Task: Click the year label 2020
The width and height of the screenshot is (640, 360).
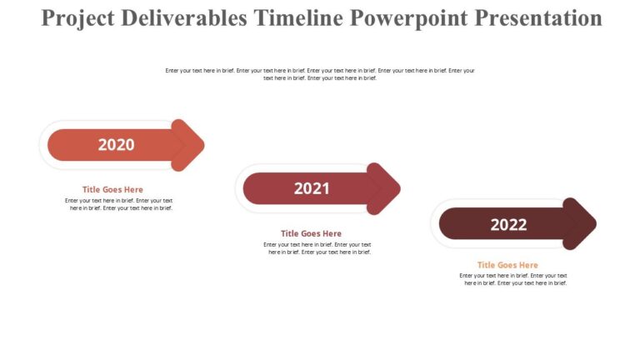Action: pyautogui.click(x=116, y=145)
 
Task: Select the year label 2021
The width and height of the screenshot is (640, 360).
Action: pyautogui.click(x=312, y=189)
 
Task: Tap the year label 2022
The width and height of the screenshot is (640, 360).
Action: pyautogui.click(x=508, y=224)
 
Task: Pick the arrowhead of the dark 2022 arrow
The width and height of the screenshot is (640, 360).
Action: pyautogui.click(x=586, y=223)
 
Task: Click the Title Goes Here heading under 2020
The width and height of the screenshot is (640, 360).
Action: pyautogui.click(x=112, y=189)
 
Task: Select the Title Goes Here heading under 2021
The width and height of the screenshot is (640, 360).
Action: pyautogui.click(x=311, y=233)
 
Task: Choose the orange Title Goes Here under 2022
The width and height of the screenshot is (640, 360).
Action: pyautogui.click(x=507, y=265)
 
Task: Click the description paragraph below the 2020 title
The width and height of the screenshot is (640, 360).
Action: pyautogui.click(x=119, y=204)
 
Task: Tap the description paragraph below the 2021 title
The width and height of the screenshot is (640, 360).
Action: pyautogui.click(x=317, y=248)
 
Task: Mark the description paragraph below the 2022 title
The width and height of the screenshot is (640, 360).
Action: pyautogui.click(x=514, y=279)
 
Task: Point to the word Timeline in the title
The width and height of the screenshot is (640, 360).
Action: pyautogui.click(x=297, y=18)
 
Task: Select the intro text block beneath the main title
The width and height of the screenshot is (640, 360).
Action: pyautogui.click(x=320, y=74)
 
